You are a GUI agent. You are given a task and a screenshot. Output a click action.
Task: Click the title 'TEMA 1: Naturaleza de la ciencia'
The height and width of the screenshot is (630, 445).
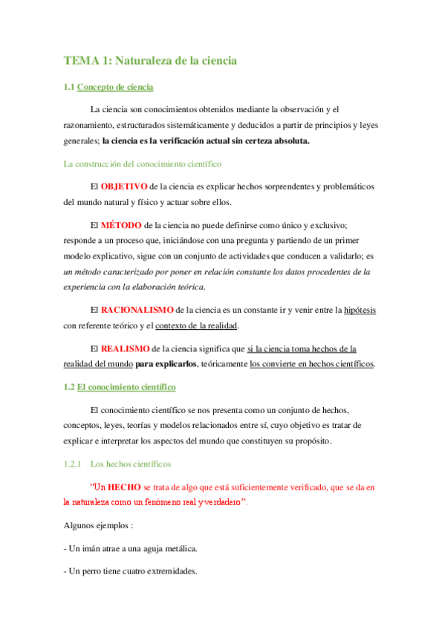coord(150,60)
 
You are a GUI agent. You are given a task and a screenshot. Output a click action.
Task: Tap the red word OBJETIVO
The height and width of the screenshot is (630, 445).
coord(123,186)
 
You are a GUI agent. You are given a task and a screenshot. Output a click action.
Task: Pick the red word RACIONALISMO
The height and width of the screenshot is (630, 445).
coord(137,309)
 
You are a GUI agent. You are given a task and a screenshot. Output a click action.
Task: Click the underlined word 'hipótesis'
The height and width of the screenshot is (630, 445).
coord(360,309)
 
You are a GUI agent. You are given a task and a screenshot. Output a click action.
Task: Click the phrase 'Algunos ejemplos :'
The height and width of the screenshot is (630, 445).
coord(98,525)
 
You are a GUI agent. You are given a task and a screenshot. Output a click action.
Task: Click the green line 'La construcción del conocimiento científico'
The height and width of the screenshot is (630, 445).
coord(143,163)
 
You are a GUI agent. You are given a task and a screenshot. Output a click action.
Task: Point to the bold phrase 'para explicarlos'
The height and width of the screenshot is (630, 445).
coord(166,364)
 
